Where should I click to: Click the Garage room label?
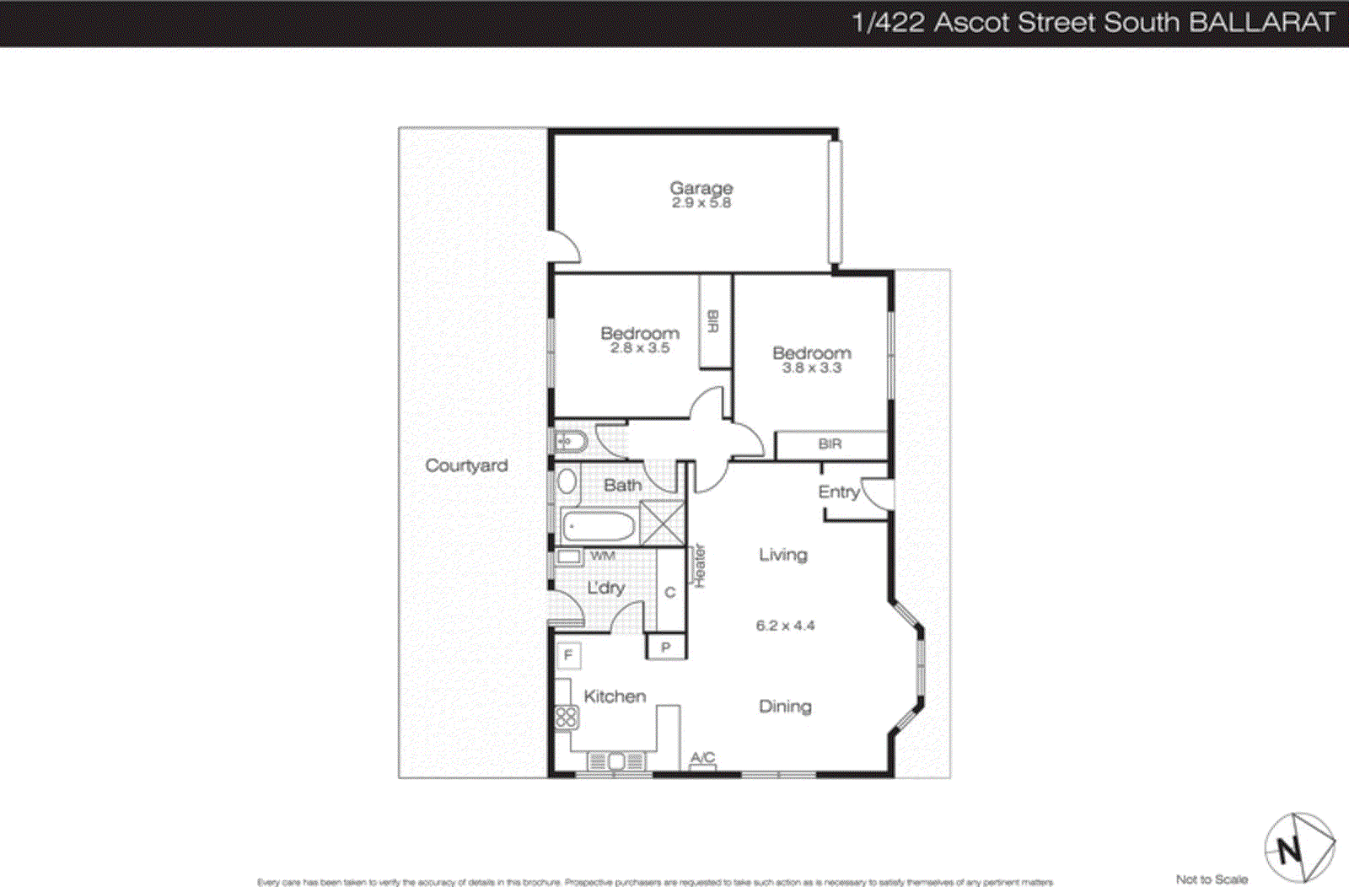click(x=701, y=187)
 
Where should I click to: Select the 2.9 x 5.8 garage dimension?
click(x=701, y=203)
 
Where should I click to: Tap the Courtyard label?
click(x=466, y=465)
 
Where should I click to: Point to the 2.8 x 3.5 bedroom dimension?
click(x=640, y=347)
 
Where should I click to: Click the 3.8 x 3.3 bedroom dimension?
click(x=811, y=368)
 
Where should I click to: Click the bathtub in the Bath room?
click(x=598, y=527)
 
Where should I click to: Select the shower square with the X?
click(x=662, y=523)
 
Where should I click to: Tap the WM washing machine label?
click(x=602, y=556)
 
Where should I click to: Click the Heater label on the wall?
click(x=699, y=565)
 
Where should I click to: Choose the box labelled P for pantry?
click(x=666, y=648)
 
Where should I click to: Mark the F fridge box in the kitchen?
click(x=568, y=655)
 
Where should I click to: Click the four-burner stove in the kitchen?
click(x=566, y=718)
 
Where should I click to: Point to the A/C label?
click(x=702, y=758)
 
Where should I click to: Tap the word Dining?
click(x=785, y=707)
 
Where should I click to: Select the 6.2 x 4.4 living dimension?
click(x=785, y=626)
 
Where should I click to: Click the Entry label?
click(x=838, y=492)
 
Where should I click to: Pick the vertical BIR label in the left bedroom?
click(x=713, y=321)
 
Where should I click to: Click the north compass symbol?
click(x=1298, y=847)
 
